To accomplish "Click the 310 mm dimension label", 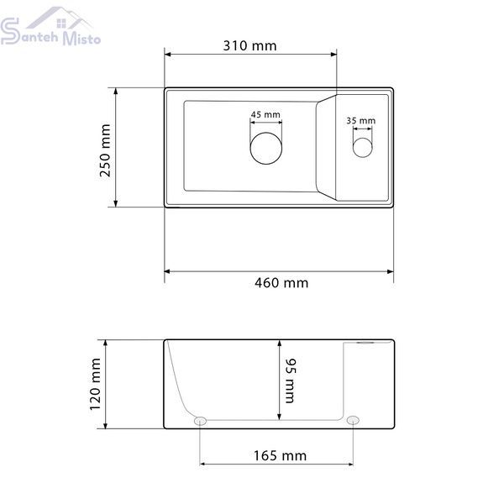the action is pos(249,45).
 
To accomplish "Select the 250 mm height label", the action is pos(105,150).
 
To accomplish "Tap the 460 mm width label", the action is pos(281,283).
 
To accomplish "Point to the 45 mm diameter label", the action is pos(265,114).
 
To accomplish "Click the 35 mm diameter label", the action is pos(361,120).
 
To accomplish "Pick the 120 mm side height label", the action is pos(95,384).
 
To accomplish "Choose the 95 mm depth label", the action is pos(290,381).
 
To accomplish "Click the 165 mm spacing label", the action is pos(280,455).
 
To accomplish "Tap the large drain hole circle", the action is pos(266,133).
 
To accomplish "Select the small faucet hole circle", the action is pos(363,138).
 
